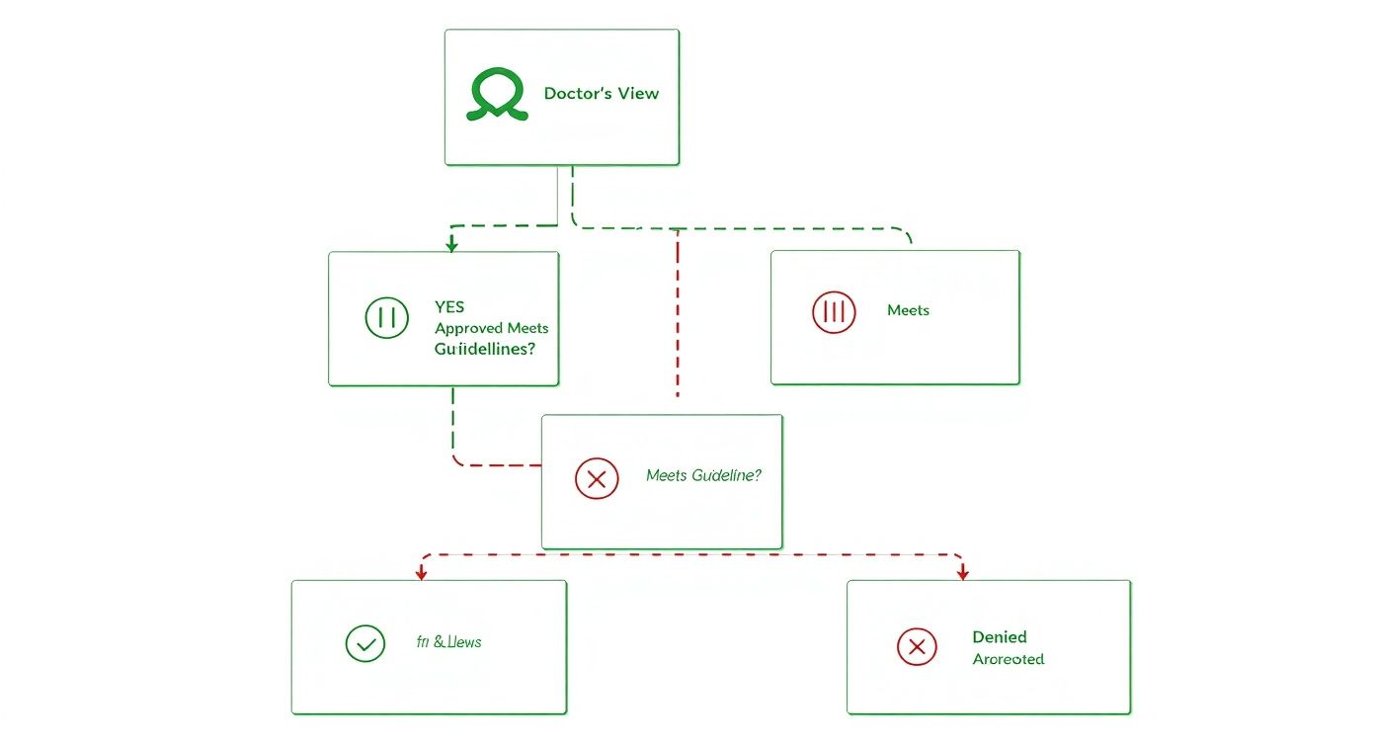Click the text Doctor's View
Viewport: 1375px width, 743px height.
(x=601, y=94)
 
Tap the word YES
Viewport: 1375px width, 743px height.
(x=449, y=307)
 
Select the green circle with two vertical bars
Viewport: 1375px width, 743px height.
(x=386, y=317)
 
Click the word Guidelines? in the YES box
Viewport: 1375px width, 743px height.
(x=484, y=350)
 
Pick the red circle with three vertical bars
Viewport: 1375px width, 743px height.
(x=834, y=312)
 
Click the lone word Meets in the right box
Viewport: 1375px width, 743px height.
(x=908, y=310)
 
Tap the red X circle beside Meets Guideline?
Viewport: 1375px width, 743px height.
(x=596, y=479)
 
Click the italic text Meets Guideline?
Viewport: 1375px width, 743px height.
(x=702, y=475)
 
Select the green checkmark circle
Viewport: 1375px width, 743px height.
(x=364, y=644)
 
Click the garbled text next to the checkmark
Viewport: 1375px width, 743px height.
(x=449, y=642)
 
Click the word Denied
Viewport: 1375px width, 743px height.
(x=999, y=637)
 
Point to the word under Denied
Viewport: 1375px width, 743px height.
(x=1008, y=659)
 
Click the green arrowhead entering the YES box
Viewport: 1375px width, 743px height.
(x=451, y=242)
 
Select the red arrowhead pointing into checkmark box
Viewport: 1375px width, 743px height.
(x=422, y=572)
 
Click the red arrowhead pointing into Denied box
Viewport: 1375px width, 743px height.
(x=963, y=572)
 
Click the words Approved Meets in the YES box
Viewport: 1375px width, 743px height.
(x=491, y=328)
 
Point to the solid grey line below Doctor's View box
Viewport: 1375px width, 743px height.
(x=558, y=195)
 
